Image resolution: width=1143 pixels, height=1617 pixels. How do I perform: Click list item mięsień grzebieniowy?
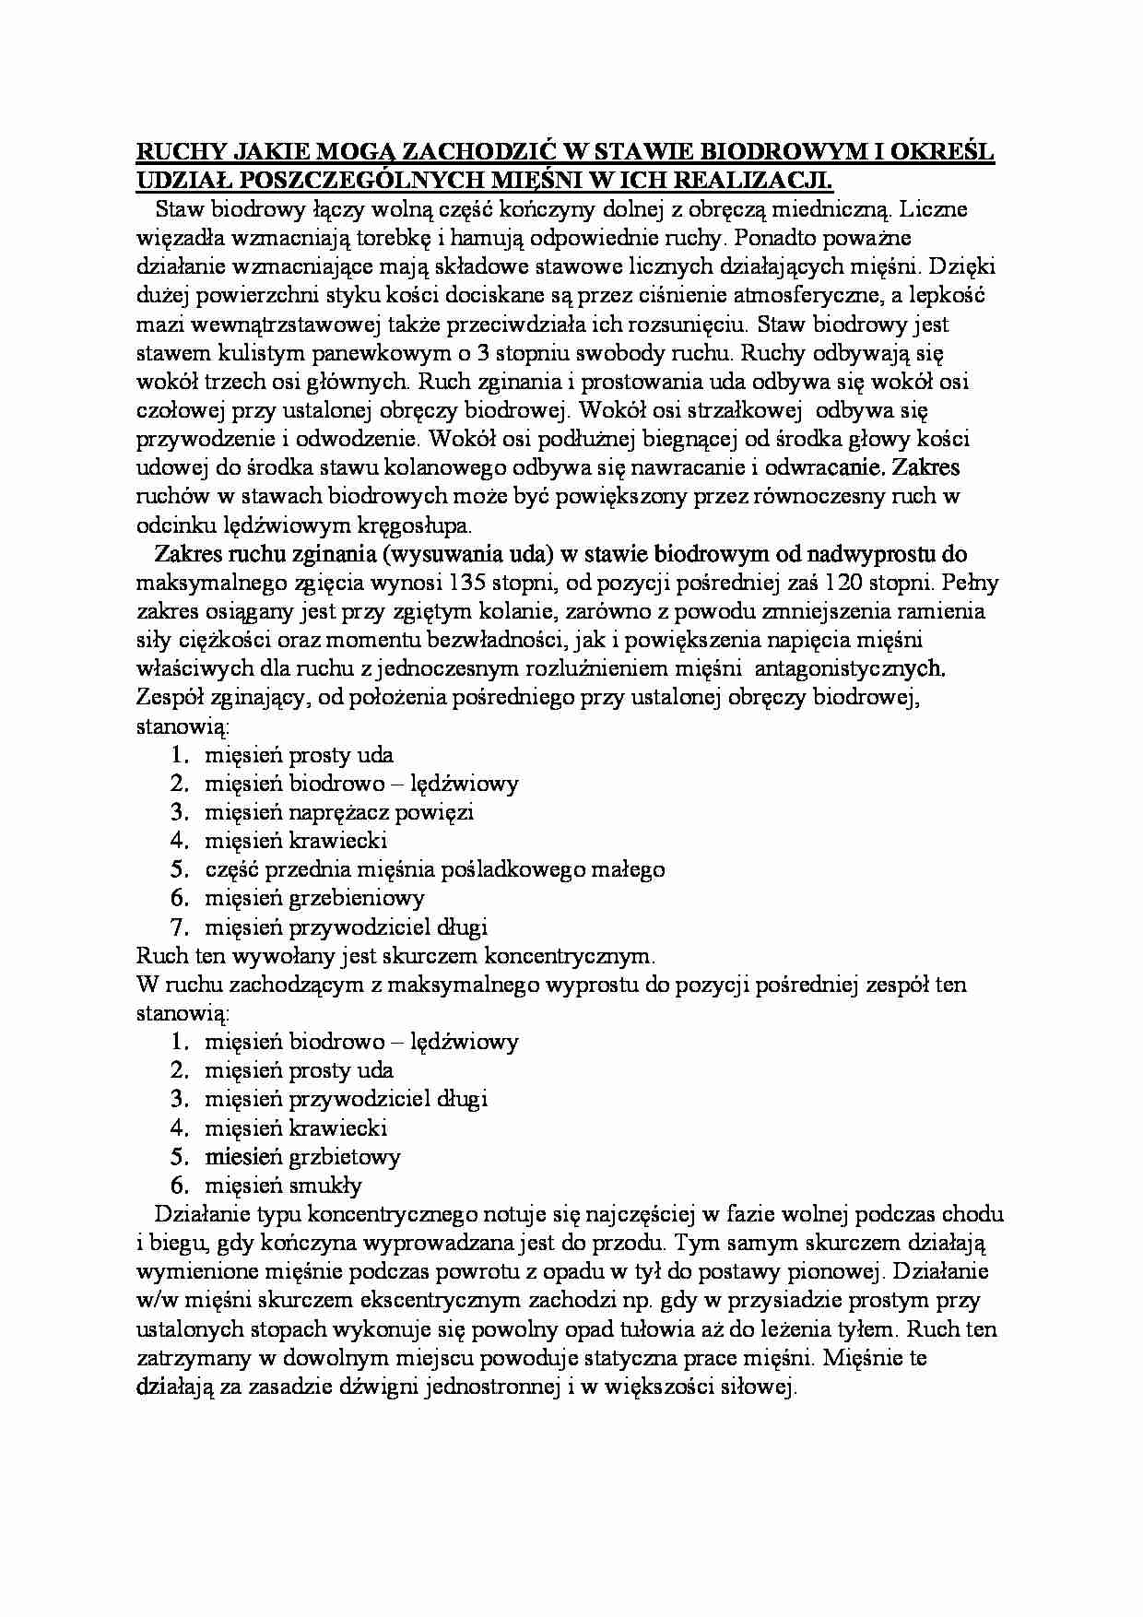(313, 898)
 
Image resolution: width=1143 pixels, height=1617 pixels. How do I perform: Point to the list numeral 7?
(180, 927)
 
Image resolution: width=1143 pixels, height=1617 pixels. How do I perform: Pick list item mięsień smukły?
(283, 1186)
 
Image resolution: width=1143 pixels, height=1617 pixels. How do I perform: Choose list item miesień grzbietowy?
(302, 1157)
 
